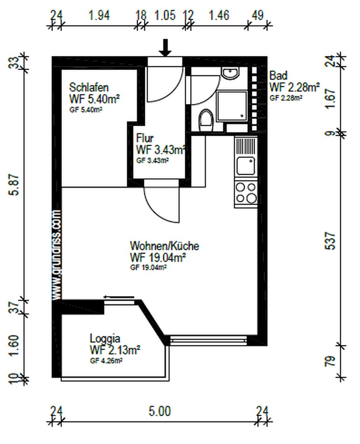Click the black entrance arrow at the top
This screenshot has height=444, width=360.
[x=165, y=48]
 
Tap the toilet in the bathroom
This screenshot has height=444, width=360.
[x=206, y=120]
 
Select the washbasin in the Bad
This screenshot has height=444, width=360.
[x=231, y=73]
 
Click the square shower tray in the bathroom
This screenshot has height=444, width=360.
[x=232, y=105]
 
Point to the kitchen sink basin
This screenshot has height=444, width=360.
[x=246, y=166]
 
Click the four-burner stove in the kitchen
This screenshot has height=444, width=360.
[x=246, y=193]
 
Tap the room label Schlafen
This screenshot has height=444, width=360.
[x=89, y=87]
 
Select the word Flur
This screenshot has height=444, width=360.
[x=145, y=138]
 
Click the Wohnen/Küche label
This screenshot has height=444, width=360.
[x=165, y=246]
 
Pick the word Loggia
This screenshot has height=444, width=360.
[x=105, y=339]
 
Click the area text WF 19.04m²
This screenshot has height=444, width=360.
[x=158, y=258]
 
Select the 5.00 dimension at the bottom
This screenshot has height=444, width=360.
[x=160, y=411]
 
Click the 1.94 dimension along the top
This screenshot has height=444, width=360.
[x=99, y=15]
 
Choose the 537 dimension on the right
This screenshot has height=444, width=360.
[x=330, y=240]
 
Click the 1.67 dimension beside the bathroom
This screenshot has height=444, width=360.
[x=330, y=99]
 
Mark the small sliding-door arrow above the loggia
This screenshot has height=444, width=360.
[x=119, y=297]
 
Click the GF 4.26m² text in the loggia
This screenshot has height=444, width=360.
[x=106, y=361]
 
